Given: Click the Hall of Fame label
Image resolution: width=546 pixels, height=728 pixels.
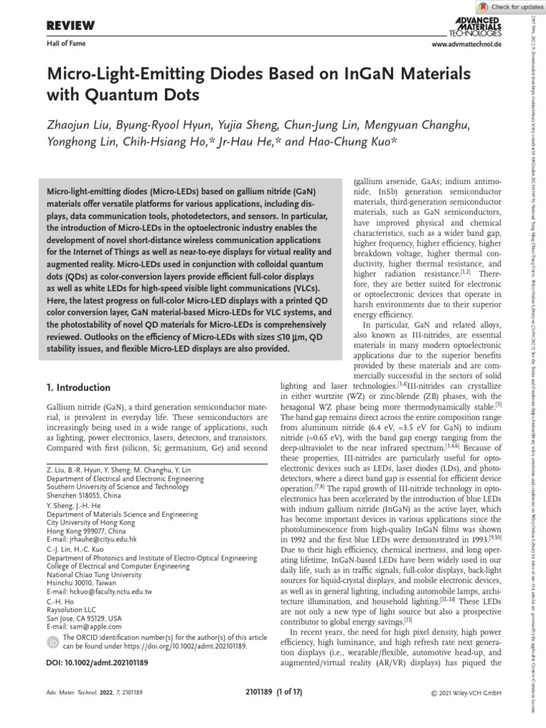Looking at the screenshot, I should (65, 44).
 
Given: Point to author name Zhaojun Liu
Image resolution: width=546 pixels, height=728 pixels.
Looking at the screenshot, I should (80, 126).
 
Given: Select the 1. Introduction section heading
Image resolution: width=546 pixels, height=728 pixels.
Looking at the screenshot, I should (78, 387).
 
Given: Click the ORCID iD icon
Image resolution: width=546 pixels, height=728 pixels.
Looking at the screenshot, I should (53, 642).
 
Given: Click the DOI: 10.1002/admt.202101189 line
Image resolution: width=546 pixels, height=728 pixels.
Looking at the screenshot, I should (97, 663).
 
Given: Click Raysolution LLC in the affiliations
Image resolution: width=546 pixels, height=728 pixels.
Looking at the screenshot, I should (70, 609).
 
